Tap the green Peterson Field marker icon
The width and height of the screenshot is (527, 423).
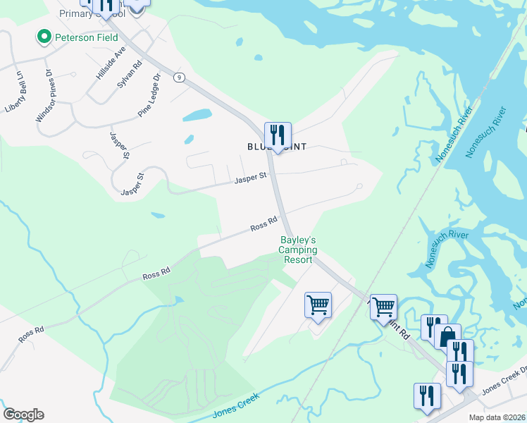coord(44,37)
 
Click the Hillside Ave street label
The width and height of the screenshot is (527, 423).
coord(111,63)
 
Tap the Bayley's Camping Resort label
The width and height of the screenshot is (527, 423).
coord(299,250)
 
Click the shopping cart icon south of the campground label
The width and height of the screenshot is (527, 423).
coord(318,305)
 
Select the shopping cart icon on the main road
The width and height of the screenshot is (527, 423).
coord(383,307)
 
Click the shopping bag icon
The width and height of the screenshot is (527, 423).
coord(447,336)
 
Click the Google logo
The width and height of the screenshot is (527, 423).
coord(23,415)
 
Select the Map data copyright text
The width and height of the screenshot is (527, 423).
coord(497,417)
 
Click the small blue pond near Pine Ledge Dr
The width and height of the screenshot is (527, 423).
coord(197,114)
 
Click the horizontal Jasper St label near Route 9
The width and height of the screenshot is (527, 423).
coord(250,178)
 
